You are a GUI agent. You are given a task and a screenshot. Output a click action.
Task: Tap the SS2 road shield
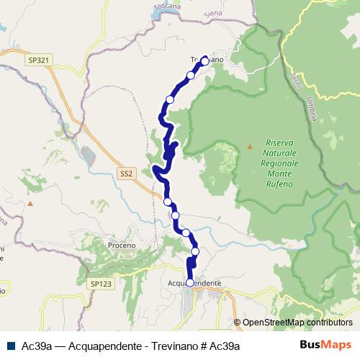(x=127, y=174)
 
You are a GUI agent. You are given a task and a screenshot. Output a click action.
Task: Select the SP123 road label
(x=102, y=284)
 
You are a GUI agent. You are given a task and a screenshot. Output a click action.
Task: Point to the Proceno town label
(x=121, y=246)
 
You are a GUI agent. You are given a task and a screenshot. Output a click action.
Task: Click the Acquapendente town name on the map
(x=194, y=284)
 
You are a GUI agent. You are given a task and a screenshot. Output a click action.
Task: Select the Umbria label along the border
(x=311, y=109)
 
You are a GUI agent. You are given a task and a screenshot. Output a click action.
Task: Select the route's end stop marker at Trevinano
(x=204, y=61)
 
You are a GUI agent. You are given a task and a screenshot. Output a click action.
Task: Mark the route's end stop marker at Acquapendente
(x=190, y=283)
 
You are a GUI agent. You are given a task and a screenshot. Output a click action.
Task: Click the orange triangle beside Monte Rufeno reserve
(x=250, y=147)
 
